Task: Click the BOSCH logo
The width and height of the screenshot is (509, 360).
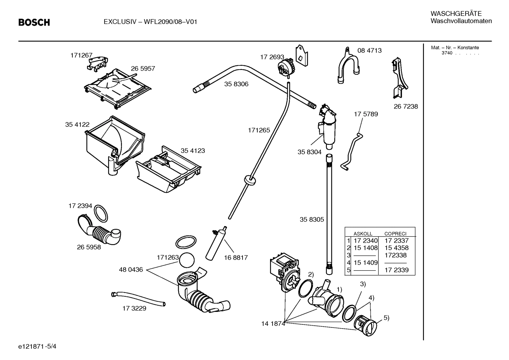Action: (x=34, y=23)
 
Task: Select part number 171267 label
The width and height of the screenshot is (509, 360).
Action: (x=81, y=55)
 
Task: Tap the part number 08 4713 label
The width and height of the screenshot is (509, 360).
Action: (x=369, y=51)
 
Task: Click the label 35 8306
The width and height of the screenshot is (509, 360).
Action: (x=236, y=84)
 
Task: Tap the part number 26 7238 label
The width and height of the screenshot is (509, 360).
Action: (x=406, y=106)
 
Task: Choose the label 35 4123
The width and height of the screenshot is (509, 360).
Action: (x=193, y=151)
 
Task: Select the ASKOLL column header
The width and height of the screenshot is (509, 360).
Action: (x=363, y=234)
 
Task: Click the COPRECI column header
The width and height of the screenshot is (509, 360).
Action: (x=395, y=234)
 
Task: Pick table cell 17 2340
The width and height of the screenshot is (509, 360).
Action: (x=365, y=241)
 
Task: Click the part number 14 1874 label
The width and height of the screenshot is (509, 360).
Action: (x=273, y=323)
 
